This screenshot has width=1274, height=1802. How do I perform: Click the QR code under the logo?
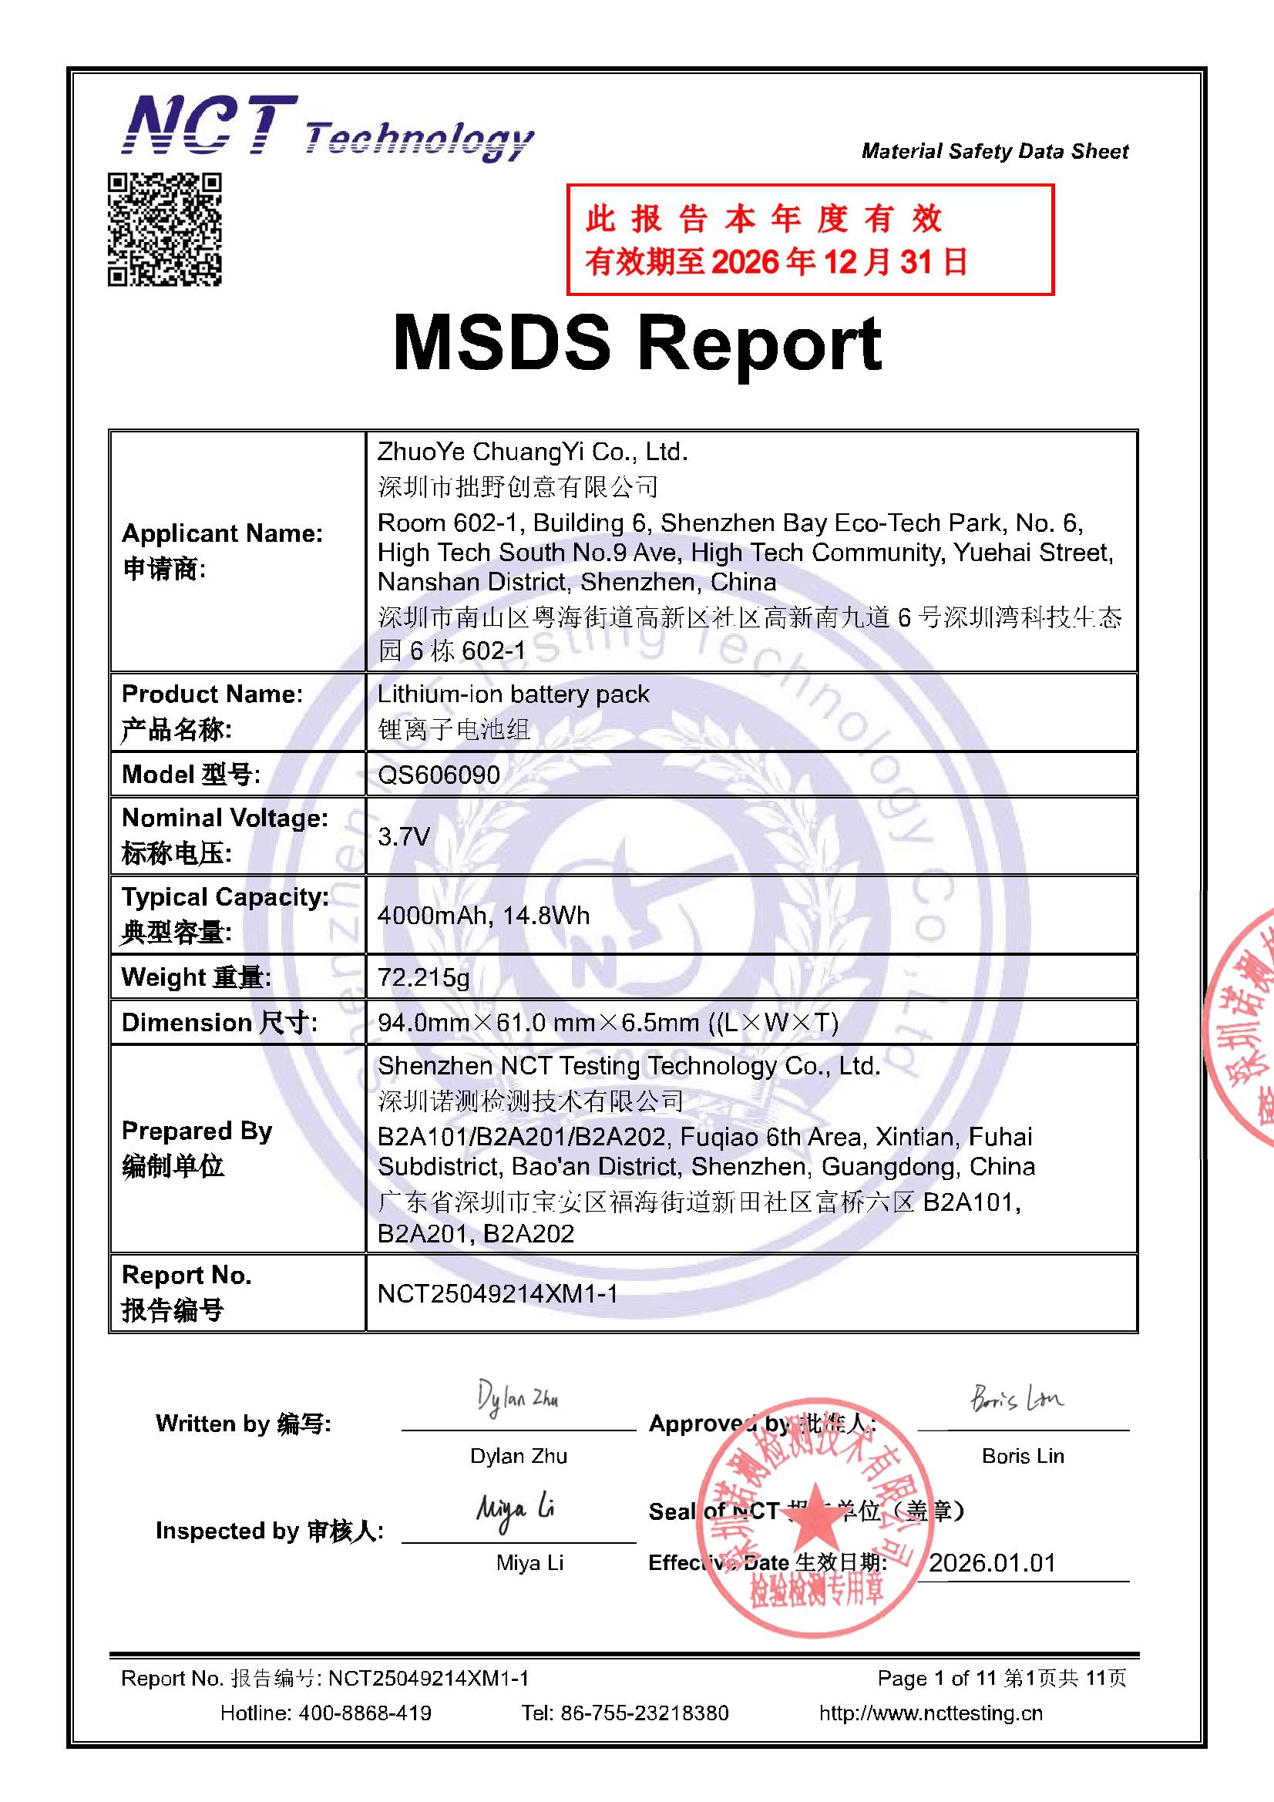[x=165, y=229]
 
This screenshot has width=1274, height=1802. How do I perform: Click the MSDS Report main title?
[x=637, y=344]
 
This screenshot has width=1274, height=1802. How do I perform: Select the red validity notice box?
[x=809, y=240]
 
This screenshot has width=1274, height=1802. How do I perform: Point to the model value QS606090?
[x=439, y=775]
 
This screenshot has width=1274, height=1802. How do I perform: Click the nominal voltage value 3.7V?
[x=404, y=837]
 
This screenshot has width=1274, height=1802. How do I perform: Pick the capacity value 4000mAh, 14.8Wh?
[x=482, y=916]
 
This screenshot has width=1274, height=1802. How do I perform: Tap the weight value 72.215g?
[x=423, y=978]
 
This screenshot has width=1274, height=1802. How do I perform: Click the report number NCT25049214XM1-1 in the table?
[x=497, y=1294]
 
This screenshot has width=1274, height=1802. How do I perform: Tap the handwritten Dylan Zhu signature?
[x=517, y=1400]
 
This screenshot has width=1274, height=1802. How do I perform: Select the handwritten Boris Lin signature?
[x=1017, y=1400]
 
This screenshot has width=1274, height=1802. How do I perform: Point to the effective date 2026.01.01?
[x=992, y=1562]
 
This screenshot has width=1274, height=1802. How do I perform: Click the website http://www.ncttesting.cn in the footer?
[x=930, y=1713]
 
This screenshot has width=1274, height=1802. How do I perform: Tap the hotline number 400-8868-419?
[x=365, y=1713]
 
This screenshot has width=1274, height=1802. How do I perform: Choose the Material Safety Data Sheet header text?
[x=994, y=152]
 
